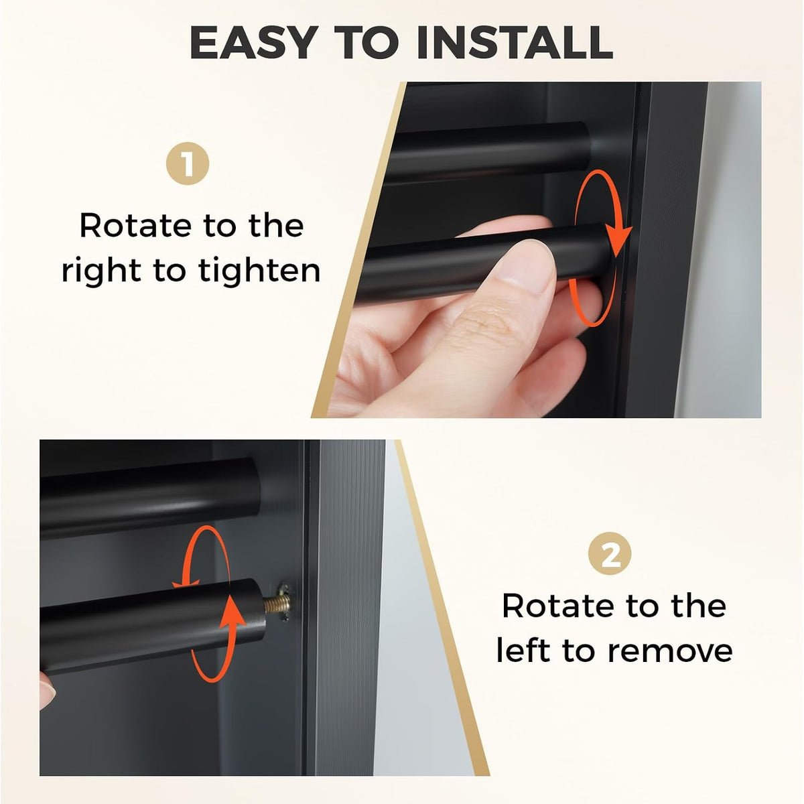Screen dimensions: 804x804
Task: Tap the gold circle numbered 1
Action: [x=188, y=163]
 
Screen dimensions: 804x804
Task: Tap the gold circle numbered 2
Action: [x=610, y=553]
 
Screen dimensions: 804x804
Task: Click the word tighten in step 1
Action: [x=259, y=271]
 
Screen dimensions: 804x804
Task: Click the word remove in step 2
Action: [x=670, y=651]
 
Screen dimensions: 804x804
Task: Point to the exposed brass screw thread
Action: [x=277, y=603]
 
